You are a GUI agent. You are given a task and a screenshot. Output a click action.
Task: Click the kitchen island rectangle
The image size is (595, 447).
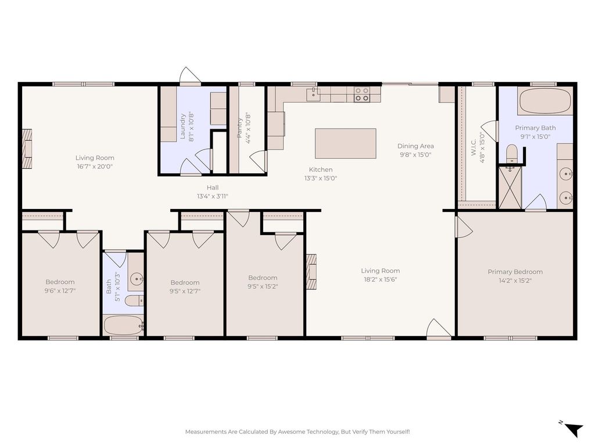pos(345,143)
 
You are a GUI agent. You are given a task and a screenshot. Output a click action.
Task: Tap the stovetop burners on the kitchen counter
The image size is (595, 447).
pos(361,94)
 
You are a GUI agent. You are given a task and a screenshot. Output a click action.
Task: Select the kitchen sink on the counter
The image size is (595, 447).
pos(313,94)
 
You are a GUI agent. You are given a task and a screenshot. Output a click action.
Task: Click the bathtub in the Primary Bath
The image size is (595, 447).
pos(545,100)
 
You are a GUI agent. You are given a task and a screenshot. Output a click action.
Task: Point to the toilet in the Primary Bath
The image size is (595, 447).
pos(511,153)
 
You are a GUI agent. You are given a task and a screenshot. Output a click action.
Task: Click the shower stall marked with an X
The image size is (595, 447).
pos(510,187)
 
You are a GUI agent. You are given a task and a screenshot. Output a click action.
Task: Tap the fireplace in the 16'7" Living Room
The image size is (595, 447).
pos(27,148)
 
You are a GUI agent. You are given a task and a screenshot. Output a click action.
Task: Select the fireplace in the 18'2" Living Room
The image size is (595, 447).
pos(311,271)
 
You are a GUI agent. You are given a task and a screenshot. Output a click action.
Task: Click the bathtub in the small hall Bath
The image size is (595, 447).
pos(123,325)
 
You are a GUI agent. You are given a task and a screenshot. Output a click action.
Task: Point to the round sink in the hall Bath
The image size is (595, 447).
pos(136,279)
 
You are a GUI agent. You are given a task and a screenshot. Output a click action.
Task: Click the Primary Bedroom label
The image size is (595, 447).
pos(515,272)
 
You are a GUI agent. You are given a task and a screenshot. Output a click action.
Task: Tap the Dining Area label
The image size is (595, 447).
pos(415,146)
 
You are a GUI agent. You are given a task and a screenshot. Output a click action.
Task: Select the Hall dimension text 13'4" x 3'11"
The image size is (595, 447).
pos(213,197)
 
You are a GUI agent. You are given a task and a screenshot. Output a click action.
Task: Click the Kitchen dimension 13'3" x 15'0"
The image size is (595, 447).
pos(321,178)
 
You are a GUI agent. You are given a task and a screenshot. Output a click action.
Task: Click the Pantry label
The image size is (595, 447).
pos(239,127)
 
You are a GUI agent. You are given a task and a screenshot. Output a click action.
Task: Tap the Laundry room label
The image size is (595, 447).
pos(182,126)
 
